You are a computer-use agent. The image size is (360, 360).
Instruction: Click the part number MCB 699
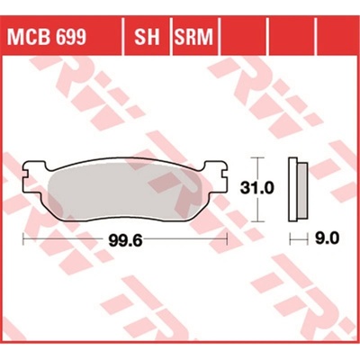[48, 37]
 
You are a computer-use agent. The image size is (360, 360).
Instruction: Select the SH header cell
[147, 37]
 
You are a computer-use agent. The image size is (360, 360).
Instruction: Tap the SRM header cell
[193, 37]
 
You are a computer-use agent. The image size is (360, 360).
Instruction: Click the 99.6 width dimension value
[125, 240]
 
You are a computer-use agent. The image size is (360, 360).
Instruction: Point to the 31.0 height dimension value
[256, 189]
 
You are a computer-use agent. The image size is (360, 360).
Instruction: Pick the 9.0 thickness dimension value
[327, 238]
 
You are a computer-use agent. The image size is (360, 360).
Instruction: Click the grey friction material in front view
[125, 191]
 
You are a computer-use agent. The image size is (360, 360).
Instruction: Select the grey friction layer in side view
[302, 190]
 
